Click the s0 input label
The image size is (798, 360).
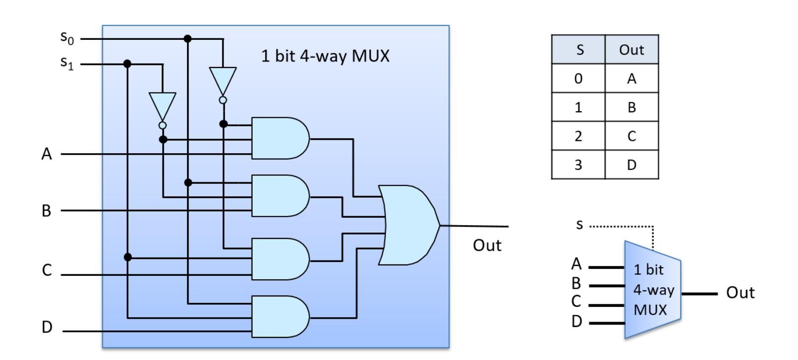67,37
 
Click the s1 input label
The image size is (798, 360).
67,63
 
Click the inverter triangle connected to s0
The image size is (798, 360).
223,80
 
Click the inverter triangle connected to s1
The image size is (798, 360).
162,105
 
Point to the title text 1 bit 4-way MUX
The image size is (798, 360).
325,56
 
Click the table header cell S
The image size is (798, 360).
578,50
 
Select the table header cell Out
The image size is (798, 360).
632,50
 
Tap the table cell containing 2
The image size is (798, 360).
578,136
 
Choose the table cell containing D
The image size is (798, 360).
632,164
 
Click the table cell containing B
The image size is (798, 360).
632,107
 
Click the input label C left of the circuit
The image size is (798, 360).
47,270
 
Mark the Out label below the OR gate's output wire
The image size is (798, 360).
487,245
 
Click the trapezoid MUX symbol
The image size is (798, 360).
652,290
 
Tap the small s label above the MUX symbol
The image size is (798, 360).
579,225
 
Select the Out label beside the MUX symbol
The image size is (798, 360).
740,293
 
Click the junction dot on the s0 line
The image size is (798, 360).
188,38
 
